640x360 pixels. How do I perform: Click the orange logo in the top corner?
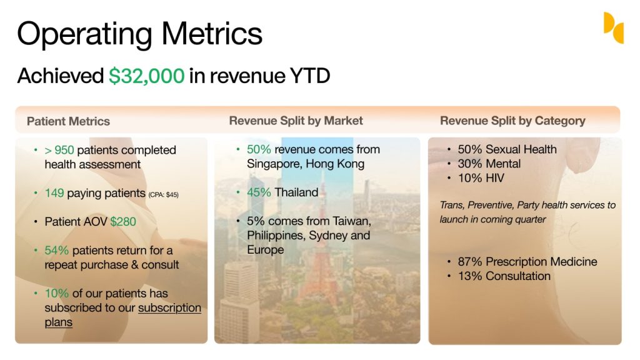614,27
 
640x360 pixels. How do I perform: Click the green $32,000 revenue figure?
146,76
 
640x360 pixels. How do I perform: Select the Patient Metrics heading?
68,121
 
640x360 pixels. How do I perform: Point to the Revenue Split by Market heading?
296,121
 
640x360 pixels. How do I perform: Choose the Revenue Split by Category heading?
512,121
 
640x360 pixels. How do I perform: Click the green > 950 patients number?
59,150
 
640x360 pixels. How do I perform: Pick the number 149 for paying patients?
54,193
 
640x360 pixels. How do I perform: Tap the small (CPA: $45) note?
163,195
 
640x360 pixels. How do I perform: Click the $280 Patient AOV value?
123,222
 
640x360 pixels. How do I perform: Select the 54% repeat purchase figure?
56,250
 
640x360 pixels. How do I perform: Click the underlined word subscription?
169,307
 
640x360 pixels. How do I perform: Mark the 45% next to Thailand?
259,192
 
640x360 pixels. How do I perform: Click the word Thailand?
296,192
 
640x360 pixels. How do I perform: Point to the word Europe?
265,250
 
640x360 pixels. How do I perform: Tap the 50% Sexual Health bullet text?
507,149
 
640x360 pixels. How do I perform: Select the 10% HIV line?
481,178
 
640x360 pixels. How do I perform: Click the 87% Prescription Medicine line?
527,262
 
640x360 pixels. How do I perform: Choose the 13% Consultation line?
504,276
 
